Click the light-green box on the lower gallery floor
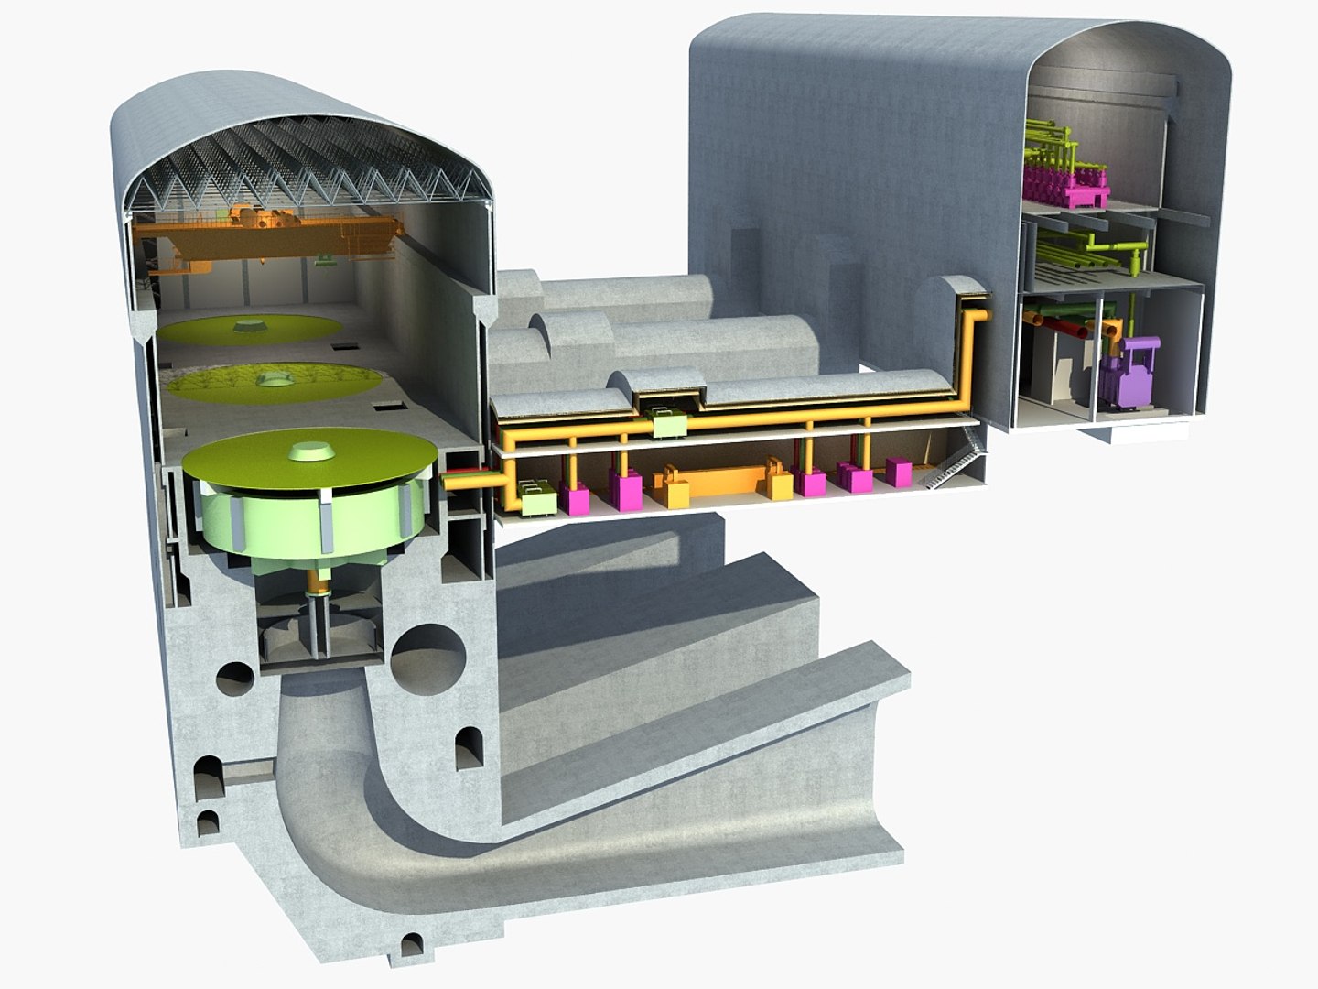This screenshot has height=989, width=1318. point(535,498)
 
